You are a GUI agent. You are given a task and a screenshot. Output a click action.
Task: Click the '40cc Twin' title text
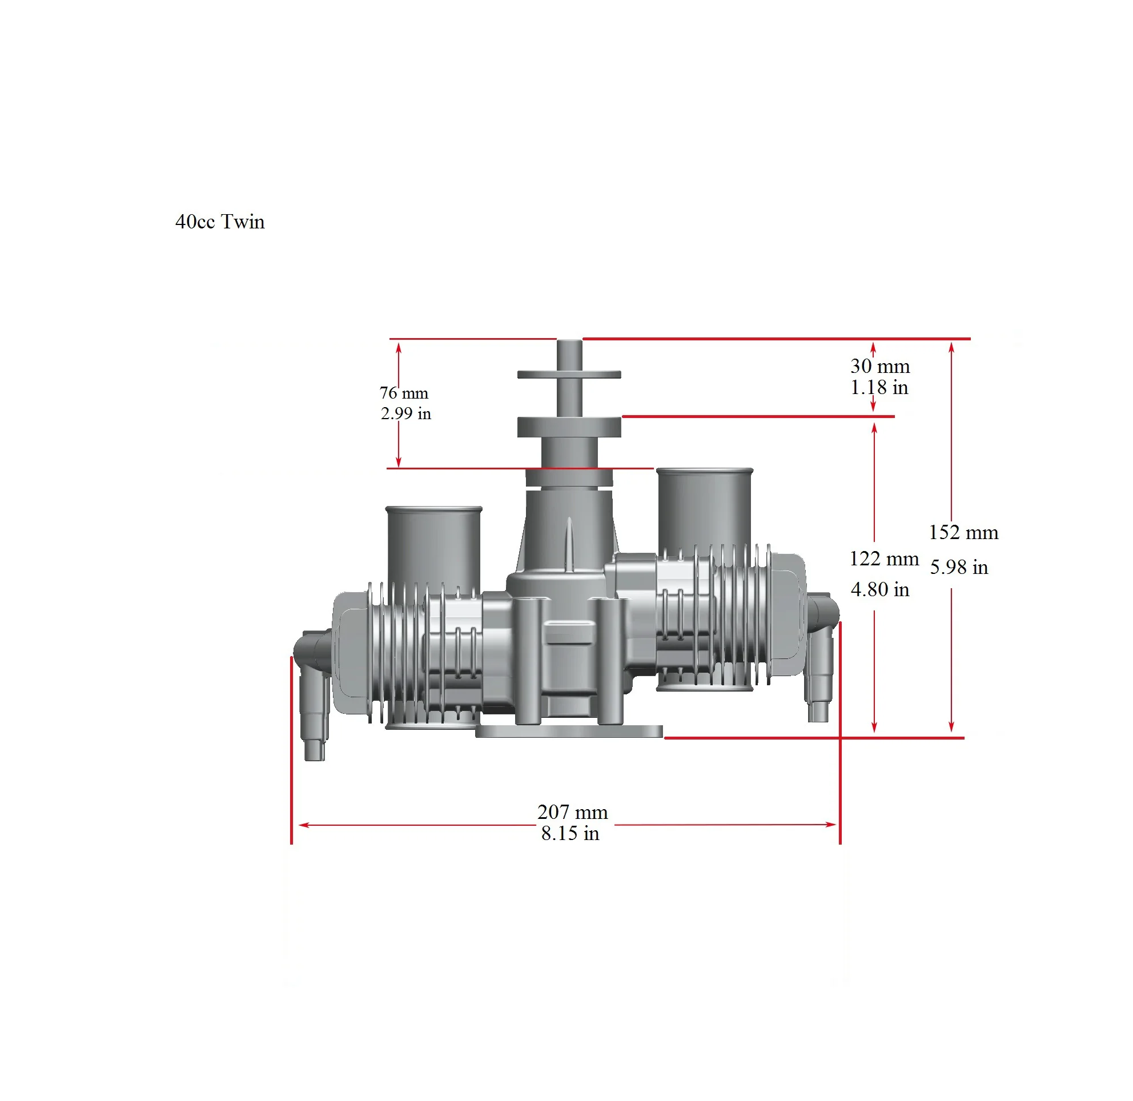(x=220, y=222)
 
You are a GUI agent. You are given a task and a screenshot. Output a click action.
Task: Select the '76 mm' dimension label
(x=404, y=393)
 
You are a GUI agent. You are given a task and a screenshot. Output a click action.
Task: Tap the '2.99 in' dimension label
(x=405, y=413)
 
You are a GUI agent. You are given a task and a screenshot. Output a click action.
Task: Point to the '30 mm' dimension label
(x=879, y=366)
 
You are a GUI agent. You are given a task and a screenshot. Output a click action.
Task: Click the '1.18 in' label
(x=879, y=387)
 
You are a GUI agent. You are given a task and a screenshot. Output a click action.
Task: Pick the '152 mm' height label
(x=963, y=533)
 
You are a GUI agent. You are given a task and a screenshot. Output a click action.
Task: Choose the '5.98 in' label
(x=959, y=567)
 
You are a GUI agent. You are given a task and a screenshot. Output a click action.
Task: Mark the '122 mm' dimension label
(x=883, y=558)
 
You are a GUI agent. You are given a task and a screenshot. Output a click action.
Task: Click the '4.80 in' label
(x=879, y=589)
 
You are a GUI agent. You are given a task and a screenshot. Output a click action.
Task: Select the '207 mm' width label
(x=573, y=812)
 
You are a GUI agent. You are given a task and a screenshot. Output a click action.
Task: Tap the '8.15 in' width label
(x=570, y=833)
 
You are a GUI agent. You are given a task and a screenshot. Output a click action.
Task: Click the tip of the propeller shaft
(x=569, y=343)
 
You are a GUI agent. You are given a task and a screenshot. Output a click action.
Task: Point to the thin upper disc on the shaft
(x=569, y=375)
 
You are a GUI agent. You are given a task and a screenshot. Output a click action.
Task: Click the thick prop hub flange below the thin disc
(x=569, y=427)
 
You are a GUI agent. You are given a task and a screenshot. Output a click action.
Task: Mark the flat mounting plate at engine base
(x=569, y=732)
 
